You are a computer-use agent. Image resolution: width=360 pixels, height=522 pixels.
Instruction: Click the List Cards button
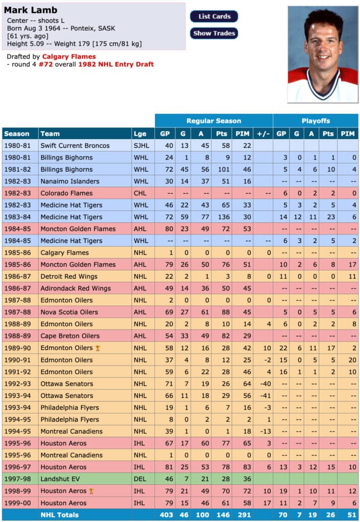[x=214, y=16]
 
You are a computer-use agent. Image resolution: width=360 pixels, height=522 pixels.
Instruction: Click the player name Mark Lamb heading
[x=31, y=10]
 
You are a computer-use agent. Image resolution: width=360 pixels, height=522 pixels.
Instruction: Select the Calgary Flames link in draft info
[x=69, y=57]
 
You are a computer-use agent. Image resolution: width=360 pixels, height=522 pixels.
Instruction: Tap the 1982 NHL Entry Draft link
[x=116, y=64]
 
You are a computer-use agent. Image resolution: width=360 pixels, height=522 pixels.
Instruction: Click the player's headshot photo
[x=322, y=54]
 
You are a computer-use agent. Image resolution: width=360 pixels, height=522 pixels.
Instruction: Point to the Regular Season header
[x=214, y=121]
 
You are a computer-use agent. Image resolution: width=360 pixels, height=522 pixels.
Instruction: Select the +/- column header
[x=263, y=134]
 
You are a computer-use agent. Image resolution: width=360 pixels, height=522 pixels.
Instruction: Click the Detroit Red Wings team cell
[x=69, y=276]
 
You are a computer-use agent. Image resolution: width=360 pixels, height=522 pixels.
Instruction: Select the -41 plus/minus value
[x=263, y=396]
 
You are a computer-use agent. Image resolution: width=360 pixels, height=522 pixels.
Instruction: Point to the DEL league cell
[x=140, y=479]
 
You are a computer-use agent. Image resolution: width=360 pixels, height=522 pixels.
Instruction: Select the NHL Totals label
[x=60, y=515]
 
